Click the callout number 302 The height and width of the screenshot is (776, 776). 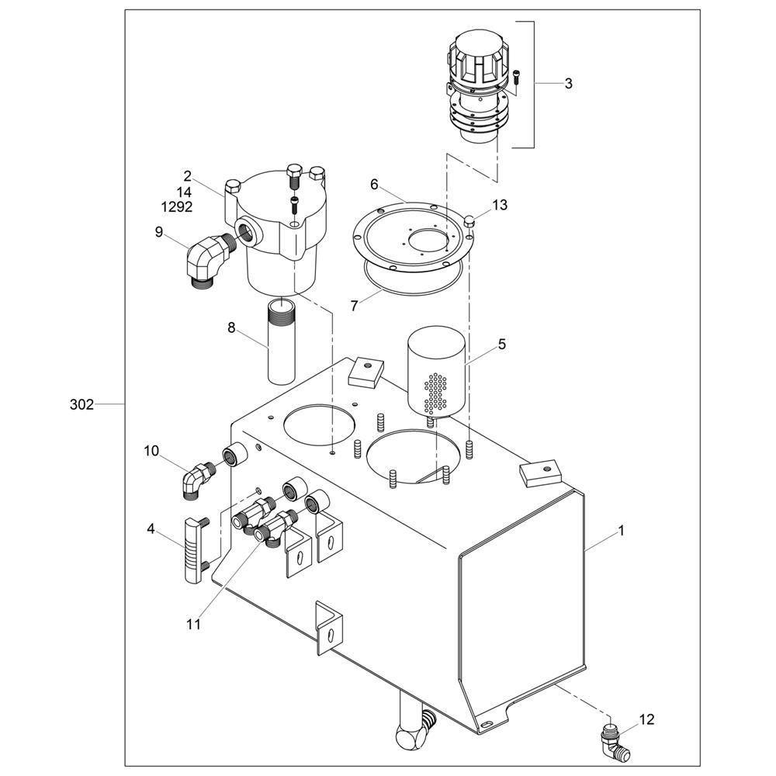[81, 405]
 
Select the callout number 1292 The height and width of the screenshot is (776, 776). [177, 207]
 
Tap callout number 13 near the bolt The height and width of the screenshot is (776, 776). [500, 205]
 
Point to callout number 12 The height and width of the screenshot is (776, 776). [647, 719]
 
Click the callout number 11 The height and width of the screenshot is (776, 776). [193, 625]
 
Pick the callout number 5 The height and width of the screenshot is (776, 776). [502, 344]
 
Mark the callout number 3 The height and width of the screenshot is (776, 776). [569, 84]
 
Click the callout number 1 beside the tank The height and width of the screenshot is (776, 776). [621, 531]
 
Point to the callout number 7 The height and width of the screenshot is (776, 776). [354, 307]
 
